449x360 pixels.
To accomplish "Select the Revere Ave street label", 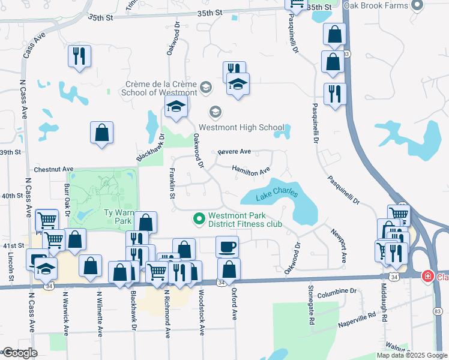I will coord(234,152).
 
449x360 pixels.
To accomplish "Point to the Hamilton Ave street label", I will coord(251,171).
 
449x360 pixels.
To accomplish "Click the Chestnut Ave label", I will coord(53,170).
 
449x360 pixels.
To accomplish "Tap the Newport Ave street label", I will coord(339,245).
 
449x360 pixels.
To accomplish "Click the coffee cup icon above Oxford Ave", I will coord(227,246).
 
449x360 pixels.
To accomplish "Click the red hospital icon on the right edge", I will coord(427,277).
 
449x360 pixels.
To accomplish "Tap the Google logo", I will coord(19,353).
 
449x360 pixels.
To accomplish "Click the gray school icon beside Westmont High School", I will coord(215,112).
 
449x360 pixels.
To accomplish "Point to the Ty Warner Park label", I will coord(118,217).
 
